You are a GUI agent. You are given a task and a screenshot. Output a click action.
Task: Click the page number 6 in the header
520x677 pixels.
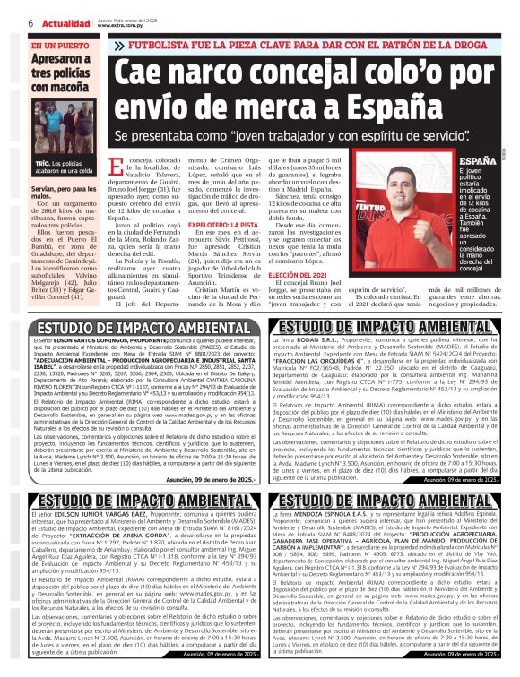pyautogui.click(x=32, y=21)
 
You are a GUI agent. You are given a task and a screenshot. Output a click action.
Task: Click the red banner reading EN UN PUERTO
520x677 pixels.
pyautogui.click(x=59, y=45)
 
